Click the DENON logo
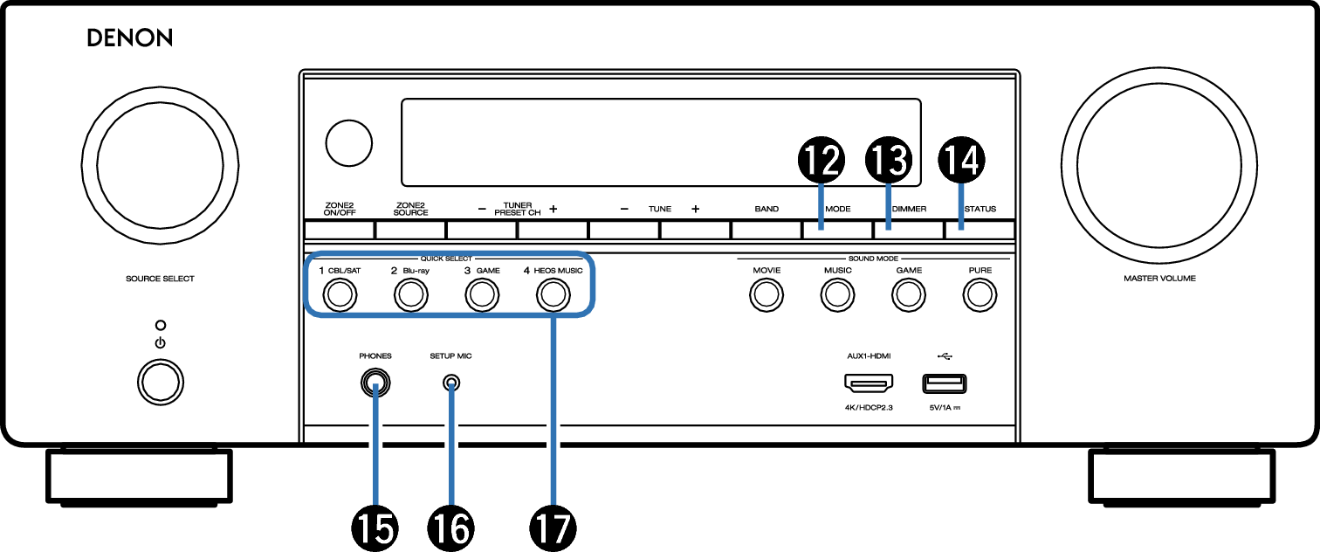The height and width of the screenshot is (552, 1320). (x=129, y=38)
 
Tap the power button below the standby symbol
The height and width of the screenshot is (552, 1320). (x=161, y=383)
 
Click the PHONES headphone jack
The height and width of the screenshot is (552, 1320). (x=375, y=383)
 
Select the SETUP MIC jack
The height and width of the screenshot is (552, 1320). (x=450, y=383)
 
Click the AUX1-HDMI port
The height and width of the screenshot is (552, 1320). (x=869, y=383)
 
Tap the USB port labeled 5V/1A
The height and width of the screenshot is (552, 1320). (x=944, y=384)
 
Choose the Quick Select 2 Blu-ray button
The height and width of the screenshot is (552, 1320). (x=410, y=295)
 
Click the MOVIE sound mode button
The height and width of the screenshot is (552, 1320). (x=767, y=295)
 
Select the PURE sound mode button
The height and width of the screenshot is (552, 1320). (x=980, y=295)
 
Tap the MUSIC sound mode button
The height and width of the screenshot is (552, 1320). (x=837, y=295)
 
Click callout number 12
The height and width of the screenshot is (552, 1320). (x=821, y=161)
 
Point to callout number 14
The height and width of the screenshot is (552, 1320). (x=961, y=161)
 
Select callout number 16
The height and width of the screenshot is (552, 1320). (x=450, y=528)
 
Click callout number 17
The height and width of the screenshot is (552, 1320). (x=553, y=528)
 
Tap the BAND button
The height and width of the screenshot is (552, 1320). (x=767, y=230)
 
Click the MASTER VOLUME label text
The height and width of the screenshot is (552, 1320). (x=1159, y=279)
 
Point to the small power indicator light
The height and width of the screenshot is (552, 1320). (x=161, y=325)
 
